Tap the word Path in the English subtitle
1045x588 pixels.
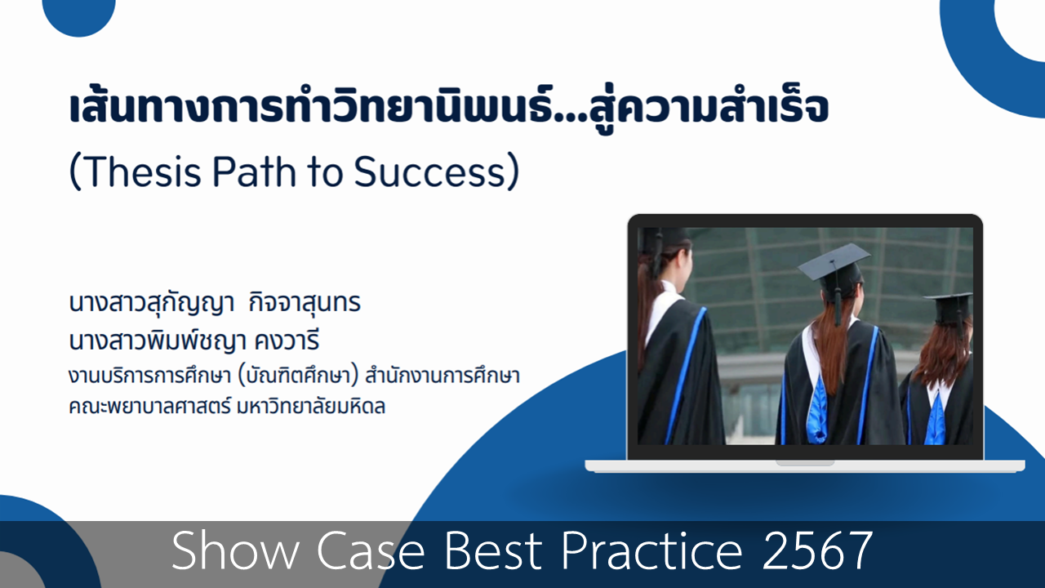[254, 171]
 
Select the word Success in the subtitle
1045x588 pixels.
[429, 171]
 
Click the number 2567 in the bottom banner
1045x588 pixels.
[817, 550]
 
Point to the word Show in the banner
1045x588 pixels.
[234, 550]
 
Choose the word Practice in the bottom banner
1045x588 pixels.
[651, 550]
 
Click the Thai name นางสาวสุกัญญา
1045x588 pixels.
[151, 303]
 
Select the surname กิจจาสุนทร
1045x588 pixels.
[305, 303]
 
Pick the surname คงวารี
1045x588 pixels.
[287, 341]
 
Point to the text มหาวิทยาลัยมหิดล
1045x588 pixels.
[311, 406]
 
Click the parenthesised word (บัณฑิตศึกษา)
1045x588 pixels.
[298, 376]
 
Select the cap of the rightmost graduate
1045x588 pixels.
[949, 308]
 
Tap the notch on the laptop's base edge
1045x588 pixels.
[805, 463]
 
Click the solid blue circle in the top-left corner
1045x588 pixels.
[79, 14]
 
